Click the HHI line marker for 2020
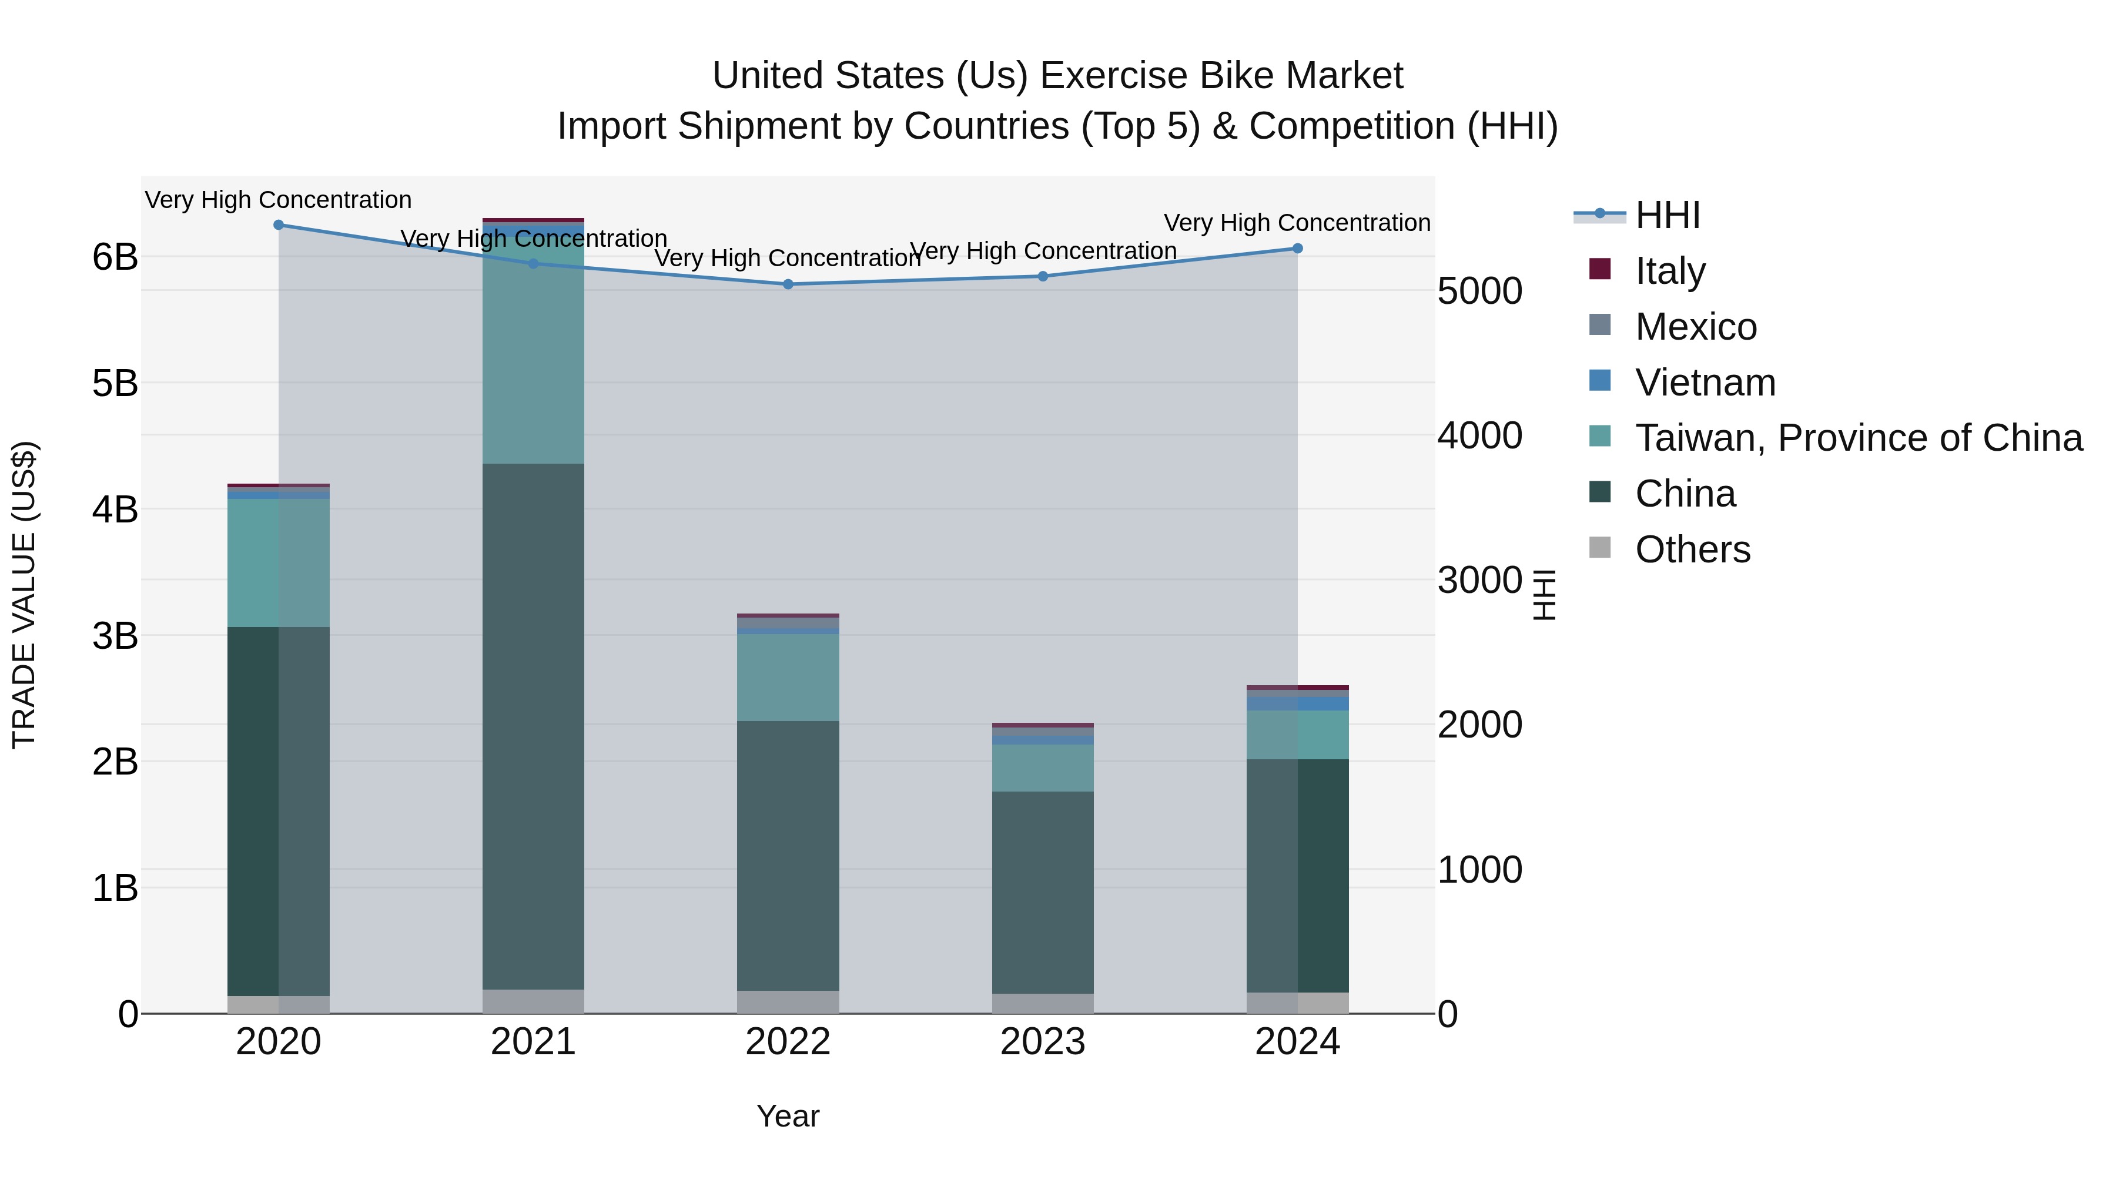point(279,225)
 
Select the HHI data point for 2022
point(788,284)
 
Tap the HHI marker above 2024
point(1297,248)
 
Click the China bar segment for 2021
point(533,727)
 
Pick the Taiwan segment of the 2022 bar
point(788,678)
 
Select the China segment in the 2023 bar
point(1042,893)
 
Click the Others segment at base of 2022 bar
point(788,1002)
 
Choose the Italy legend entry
point(1669,271)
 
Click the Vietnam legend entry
point(1705,383)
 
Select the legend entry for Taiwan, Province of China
point(1858,438)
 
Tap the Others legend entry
point(1692,549)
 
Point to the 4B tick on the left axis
point(115,509)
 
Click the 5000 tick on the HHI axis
point(1479,291)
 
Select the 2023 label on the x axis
point(1042,1042)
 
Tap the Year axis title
point(788,1116)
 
